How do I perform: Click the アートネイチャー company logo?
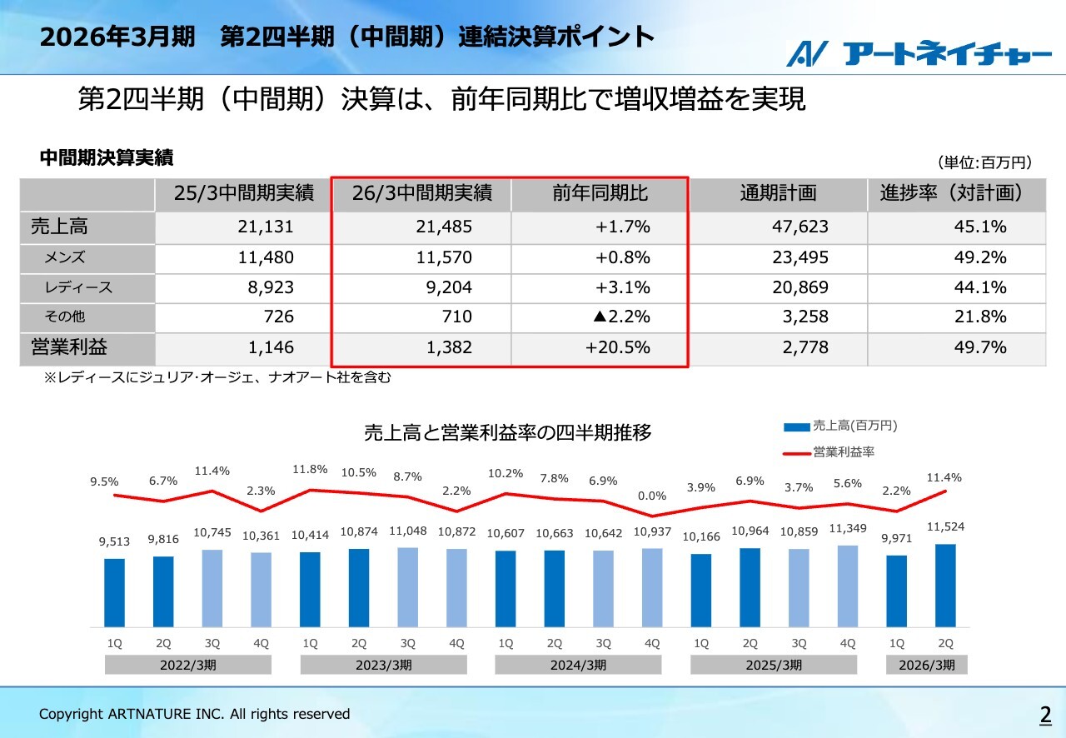click(x=919, y=53)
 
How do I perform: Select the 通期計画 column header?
click(x=778, y=194)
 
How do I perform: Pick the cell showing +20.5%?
click(x=617, y=347)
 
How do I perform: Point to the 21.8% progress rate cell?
click(x=980, y=317)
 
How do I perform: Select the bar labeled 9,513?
click(x=114, y=592)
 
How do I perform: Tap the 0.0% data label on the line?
click(x=652, y=496)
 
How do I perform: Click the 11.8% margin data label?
click(x=310, y=470)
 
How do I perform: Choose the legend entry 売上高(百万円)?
click(x=854, y=426)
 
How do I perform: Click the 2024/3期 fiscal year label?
click(x=578, y=665)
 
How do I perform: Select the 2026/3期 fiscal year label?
click(x=926, y=665)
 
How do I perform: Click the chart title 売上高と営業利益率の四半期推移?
click(x=507, y=432)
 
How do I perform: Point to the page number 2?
click(x=1044, y=715)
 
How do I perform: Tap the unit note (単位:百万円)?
click(x=984, y=162)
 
